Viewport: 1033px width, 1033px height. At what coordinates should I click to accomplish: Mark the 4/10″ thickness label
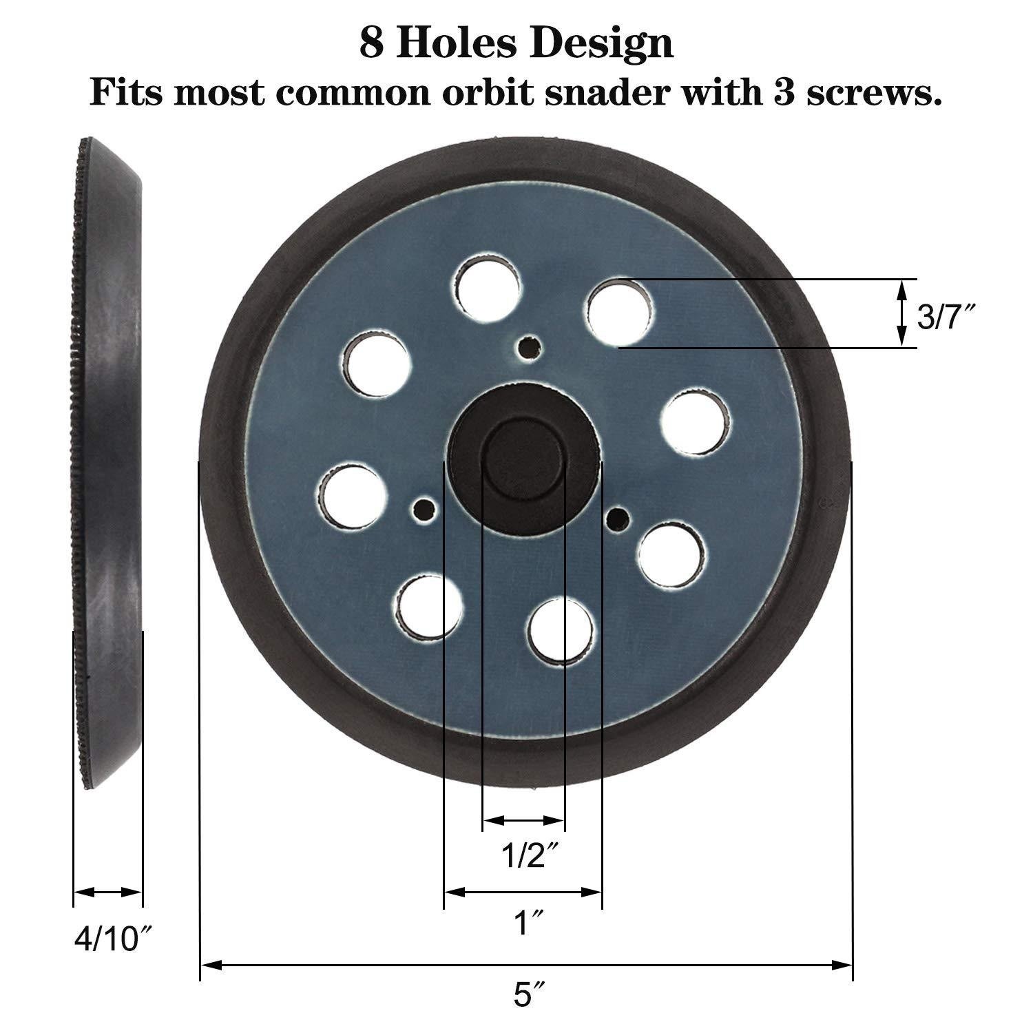pyautogui.click(x=113, y=938)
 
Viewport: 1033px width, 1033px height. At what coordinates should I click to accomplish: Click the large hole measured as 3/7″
pyautogui.click(x=620, y=312)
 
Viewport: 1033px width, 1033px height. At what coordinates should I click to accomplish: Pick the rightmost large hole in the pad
pyautogui.click(x=696, y=422)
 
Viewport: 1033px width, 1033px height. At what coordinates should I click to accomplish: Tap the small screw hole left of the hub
pyautogui.click(x=421, y=509)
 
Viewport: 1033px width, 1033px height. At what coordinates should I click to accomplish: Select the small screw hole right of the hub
pyautogui.click(x=618, y=516)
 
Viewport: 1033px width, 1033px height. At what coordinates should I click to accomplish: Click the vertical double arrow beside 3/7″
pyautogui.click(x=901, y=313)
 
